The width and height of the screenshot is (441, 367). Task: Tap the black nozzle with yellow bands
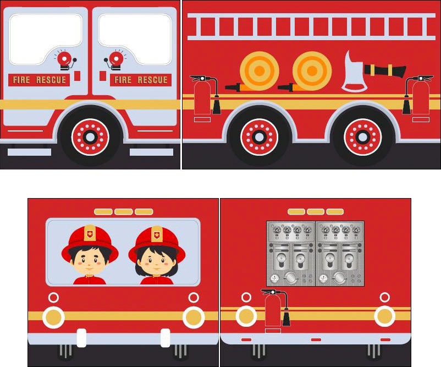pyautogui.click(x=385, y=70)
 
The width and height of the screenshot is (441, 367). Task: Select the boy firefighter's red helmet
pyautogui.click(x=90, y=242)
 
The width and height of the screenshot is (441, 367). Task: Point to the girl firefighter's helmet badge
pyautogui.click(x=157, y=234)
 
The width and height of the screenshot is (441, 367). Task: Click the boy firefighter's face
pyautogui.click(x=89, y=262)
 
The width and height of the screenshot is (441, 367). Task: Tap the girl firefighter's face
pyautogui.click(x=156, y=264)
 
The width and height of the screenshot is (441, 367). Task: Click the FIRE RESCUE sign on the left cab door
pyautogui.click(x=39, y=80)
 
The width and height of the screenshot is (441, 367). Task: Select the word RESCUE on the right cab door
pyautogui.click(x=152, y=80)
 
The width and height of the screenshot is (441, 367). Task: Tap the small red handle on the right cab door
pyautogui.click(x=103, y=76)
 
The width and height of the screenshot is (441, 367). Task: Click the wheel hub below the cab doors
pyautogui.click(x=90, y=138)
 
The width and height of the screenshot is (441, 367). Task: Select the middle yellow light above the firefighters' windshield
pyautogui.click(x=124, y=212)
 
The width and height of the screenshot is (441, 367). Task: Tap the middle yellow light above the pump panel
pyautogui.click(x=316, y=212)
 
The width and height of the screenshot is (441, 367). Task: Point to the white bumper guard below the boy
pyautogui.click(x=81, y=338)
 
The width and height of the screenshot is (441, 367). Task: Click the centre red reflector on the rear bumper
pyautogui.click(x=316, y=340)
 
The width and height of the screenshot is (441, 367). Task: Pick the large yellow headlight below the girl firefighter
pyautogui.click(x=194, y=317)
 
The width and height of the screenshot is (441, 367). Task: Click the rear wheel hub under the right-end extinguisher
pyautogui.click(x=362, y=138)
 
